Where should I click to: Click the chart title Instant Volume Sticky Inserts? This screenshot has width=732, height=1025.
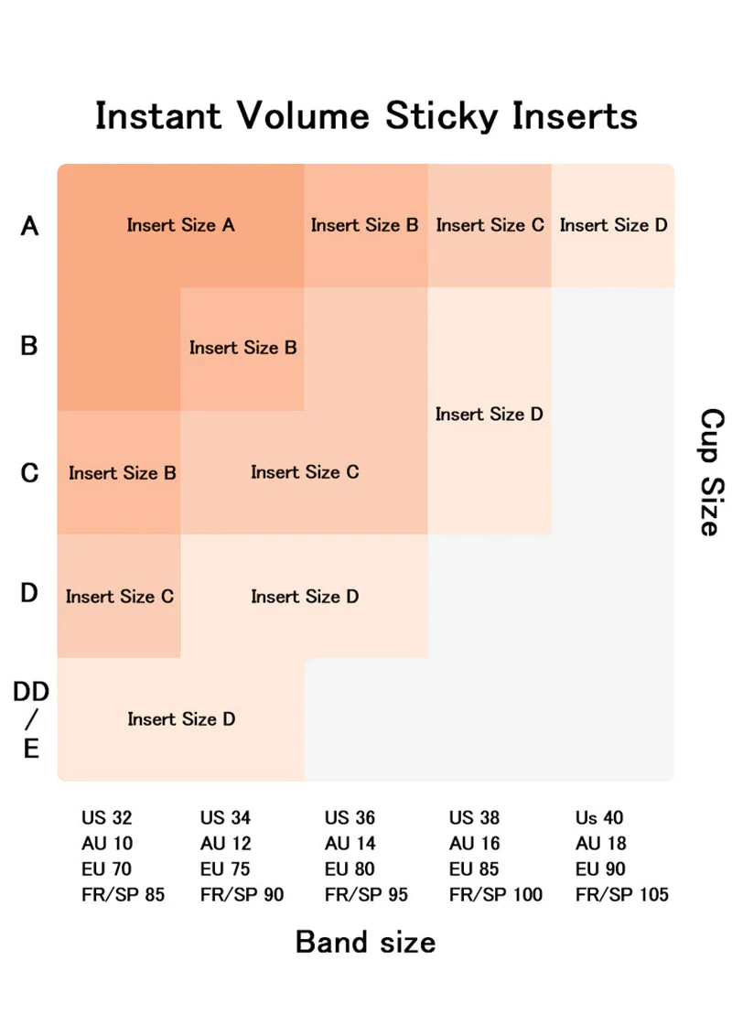coord(366,116)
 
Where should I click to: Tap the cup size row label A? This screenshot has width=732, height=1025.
coord(29,226)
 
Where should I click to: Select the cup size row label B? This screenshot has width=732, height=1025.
coord(28,346)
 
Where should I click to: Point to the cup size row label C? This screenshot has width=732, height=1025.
coord(29,472)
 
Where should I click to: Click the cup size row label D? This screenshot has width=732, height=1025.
coord(29,593)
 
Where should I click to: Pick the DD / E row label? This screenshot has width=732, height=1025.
coord(31,719)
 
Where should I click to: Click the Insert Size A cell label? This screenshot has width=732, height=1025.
coord(180,225)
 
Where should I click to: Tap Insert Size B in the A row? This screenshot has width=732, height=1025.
coord(365,225)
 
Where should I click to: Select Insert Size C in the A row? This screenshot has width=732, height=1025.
coord(490,225)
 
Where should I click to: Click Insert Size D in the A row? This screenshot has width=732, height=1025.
coord(614,225)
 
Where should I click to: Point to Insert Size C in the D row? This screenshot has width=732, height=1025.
coord(120,597)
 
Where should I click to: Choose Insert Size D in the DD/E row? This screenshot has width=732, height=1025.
coord(181,719)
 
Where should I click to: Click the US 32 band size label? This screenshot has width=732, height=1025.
coord(106,818)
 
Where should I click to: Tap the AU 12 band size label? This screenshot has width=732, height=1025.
coord(225,844)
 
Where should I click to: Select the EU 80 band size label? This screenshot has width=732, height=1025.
coord(350,869)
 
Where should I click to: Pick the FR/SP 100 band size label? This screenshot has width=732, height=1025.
coord(495,895)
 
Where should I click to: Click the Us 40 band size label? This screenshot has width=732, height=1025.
coord(599,818)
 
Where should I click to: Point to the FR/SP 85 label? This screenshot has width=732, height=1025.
coord(123,895)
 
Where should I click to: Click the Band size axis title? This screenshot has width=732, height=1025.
coord(365,943)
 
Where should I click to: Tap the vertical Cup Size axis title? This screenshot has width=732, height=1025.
coord(712,472)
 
